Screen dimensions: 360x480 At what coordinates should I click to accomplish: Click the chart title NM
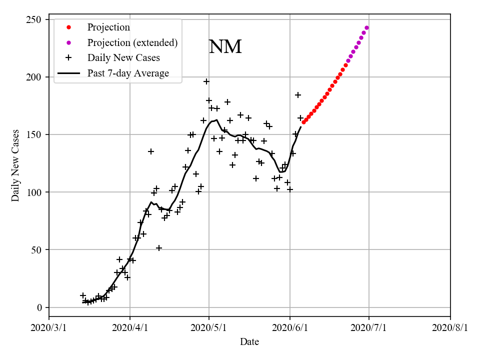click(225, 47)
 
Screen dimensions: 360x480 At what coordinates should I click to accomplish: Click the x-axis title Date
click(249, 342)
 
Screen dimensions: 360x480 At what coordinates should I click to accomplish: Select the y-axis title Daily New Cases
click(15, 165)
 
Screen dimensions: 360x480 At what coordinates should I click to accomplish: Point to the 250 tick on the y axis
click(36, 19)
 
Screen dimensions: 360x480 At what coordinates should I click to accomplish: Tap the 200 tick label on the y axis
click(36, 77)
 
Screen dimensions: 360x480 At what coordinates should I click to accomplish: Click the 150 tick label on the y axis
click(36, 134)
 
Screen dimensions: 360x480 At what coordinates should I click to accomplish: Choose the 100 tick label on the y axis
click(36, 192)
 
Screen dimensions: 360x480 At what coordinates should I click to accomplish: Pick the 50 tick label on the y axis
click(38, 250)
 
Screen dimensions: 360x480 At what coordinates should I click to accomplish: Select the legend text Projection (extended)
click(132, 42)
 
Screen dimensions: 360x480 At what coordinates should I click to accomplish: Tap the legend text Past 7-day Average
click(128, 73)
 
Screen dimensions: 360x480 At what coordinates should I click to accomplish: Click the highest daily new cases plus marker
click(206, 81)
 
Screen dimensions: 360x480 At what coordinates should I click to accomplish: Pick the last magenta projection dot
click(366, 28)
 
